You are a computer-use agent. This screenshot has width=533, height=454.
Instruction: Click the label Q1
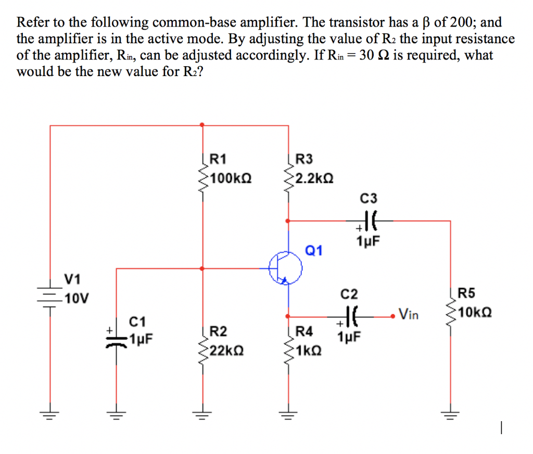tap(314, 251)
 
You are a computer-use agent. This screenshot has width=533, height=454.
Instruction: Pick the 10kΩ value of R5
tap(476, 313)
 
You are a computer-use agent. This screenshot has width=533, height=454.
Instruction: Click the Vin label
tap(409, 314)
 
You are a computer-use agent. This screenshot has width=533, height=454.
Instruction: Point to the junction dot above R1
tap(202, 125)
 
